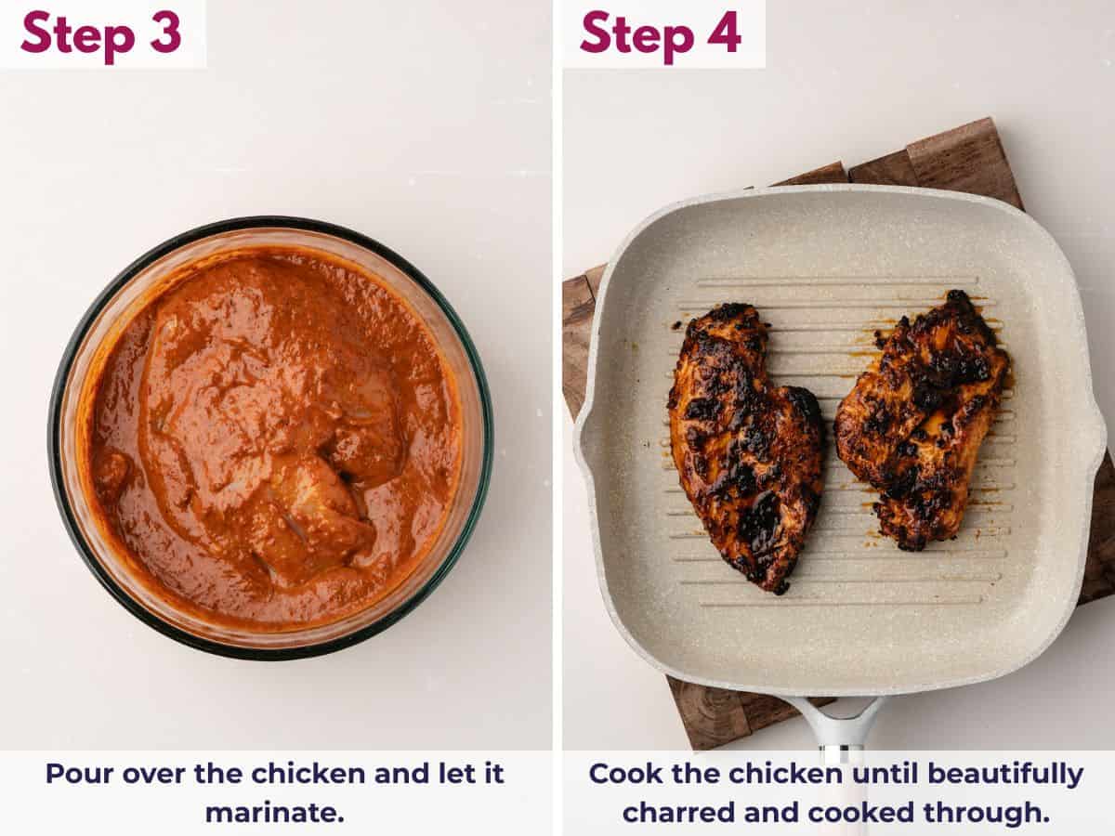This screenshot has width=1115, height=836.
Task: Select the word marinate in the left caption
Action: point(274,812)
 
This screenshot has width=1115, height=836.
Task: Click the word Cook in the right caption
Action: point(622,774)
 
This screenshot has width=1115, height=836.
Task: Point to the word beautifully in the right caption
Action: point(1005,774)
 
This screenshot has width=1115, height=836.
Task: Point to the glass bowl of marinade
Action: point(269,437)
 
